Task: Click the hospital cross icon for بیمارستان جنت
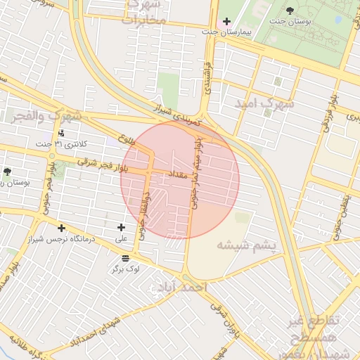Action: [226, 22]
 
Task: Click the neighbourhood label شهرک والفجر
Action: [46, 115]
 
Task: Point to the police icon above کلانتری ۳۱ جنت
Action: [62, 132]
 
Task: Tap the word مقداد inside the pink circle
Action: [176, 173]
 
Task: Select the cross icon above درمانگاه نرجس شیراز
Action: [62, 228]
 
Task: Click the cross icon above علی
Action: [122, 227]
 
